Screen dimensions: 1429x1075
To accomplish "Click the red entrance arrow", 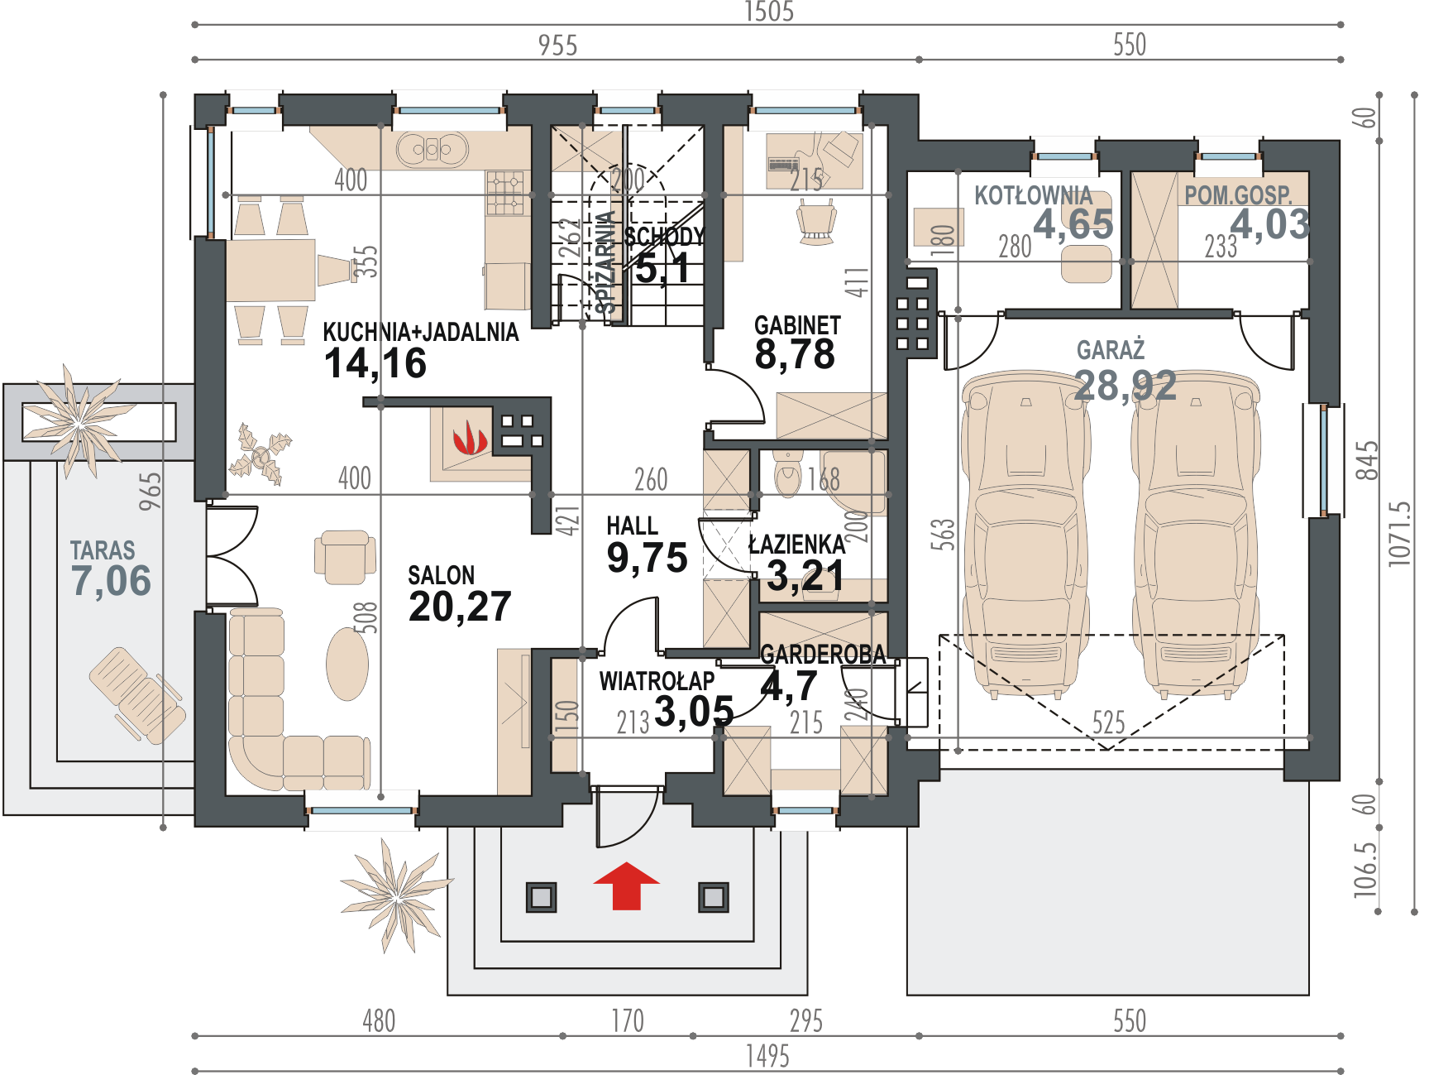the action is coord(627,885).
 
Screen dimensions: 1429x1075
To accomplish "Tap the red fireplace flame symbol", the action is coord(470,438).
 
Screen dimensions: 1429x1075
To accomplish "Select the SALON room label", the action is coord(442,575).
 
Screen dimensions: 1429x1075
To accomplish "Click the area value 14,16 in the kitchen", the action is coord(375,364).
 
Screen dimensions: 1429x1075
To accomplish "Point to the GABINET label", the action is coord(797,325).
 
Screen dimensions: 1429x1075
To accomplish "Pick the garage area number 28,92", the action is coord(1126,386).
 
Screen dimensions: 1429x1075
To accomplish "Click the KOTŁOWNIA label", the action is coord(1033,195).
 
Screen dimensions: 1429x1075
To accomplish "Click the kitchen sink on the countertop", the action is coord(432,150).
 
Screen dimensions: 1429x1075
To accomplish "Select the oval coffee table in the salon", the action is coord(347,664).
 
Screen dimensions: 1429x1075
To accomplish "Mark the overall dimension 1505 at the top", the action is coord(769,12).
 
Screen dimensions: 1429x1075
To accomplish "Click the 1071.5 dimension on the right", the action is coord(1399,534).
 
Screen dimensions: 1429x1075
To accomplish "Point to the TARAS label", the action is coord(103,550).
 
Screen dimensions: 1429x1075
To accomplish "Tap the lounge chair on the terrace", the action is coord(136,693).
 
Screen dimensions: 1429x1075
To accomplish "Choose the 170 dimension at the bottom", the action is coord(628,1020).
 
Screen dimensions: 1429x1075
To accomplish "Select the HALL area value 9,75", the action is coord(647,558).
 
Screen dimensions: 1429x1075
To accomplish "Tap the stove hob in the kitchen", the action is coord(506,193).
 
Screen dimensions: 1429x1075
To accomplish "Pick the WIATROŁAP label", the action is coord(657,681).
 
